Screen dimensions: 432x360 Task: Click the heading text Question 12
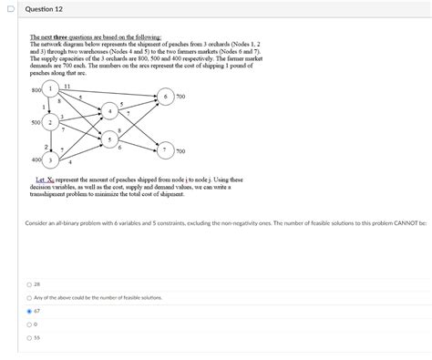click(x=45, y=10)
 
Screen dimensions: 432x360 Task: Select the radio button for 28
click(x=30, y=283)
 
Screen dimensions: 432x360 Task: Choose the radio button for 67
click(x=30, y=311)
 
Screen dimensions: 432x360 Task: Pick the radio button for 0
click(x=30, y=324)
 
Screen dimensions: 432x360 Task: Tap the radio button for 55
click(x=30, y=337)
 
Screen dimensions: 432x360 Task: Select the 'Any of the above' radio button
click(x=30, y=297)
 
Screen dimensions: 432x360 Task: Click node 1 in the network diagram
click(x=50, y=89)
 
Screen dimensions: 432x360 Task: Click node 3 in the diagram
click(x=50, y=159)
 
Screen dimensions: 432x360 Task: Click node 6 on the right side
click(x=165, y=95)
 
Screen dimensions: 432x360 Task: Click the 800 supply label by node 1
click(x=36, y=90)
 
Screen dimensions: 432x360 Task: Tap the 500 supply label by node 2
click(x=36, y=121)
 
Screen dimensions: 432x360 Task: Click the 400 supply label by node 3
click(x=36, y=159)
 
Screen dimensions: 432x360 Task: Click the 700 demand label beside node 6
click(x=181, y=95)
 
